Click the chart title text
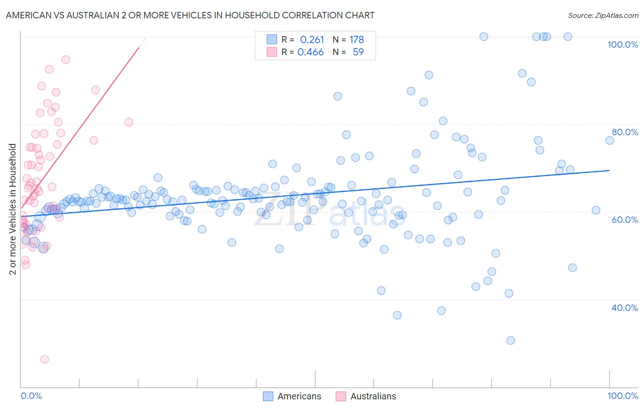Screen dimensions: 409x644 (x=190, y=16)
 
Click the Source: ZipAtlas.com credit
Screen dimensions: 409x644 (x=603, y=16)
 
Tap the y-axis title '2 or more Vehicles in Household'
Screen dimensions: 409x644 (x=13, y=209)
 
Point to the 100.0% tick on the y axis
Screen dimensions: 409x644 (x=622, y=44)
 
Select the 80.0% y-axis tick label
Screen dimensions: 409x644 (x=625, y=132)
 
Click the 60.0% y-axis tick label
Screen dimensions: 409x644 (x=625, y=220)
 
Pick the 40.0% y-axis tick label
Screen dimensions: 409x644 (x=625, y=308)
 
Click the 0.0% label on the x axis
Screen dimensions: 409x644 (x=31, y=396)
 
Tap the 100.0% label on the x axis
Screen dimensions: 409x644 (x=622, y=396)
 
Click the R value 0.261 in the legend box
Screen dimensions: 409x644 (x=312, y=40)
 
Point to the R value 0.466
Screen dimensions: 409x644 (x=311, y=52)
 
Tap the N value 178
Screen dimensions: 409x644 (x=356, y=40)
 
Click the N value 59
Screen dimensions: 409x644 (x=358, y=52)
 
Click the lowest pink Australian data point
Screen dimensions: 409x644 (x=44, y=359)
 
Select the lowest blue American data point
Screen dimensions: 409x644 (x=511, y=340)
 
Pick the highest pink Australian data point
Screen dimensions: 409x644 (x=66, y=60)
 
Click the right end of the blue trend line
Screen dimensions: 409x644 (x=609, y=170)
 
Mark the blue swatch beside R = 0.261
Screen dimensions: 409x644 (x=272, y=40)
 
